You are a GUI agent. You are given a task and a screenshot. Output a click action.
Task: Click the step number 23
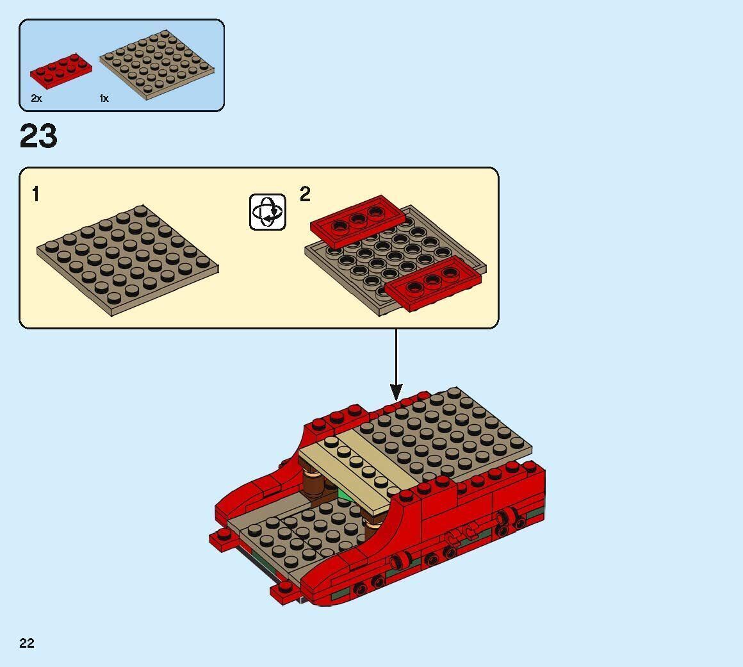[x=38, y=137]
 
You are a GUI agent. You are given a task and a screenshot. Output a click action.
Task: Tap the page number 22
[x=27, y=643]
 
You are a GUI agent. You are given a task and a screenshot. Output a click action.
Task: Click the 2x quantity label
[x=36, y=99]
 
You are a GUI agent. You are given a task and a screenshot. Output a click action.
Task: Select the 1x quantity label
[x=104, y=99]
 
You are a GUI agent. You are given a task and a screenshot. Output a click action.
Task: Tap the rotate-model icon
[x=267, y=211]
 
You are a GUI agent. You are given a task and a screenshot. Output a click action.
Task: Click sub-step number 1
[x=36, y=194]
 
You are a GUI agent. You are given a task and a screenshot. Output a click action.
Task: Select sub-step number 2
[x=305, y=194]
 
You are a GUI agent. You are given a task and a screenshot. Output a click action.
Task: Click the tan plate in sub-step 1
[x=127, y=261]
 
